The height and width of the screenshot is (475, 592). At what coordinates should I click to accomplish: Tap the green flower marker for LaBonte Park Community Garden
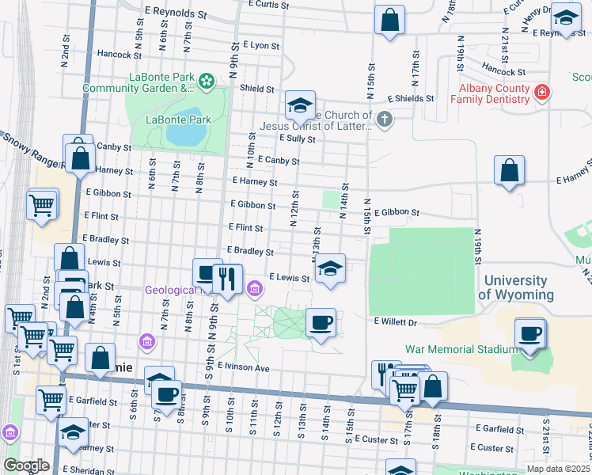[207, 80]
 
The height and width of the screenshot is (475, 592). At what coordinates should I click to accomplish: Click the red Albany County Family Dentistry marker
[541, 93]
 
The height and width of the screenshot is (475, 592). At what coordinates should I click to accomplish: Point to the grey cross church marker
[384, 120]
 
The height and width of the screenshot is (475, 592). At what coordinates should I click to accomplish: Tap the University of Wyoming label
[515, 287]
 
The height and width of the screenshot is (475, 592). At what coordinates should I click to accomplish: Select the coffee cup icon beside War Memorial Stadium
[530, 333]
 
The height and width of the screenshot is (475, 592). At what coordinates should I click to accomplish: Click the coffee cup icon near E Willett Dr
[321, 322]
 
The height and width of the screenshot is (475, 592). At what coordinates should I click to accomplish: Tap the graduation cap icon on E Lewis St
[330, 269]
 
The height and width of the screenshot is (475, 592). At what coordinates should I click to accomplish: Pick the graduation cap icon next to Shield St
[300, 105]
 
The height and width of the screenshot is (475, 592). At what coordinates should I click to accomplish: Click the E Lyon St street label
[261, 46]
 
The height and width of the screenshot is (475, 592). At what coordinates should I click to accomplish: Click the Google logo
[25, 465]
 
